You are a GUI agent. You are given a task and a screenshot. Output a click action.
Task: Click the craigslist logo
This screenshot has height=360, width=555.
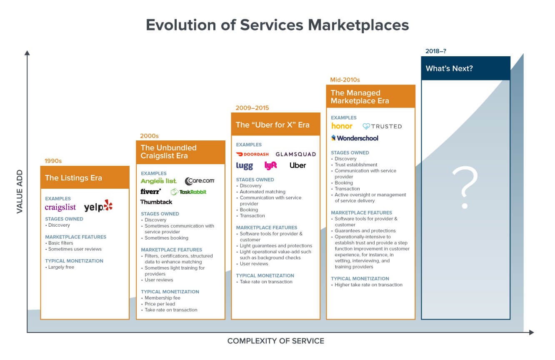pos(60,207)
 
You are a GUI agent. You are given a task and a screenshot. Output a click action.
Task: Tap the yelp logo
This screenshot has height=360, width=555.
pos(98,206)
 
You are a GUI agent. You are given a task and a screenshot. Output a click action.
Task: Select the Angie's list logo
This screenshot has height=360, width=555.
pos(159,181)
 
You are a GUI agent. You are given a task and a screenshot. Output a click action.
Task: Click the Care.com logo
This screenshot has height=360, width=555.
pos(200,181)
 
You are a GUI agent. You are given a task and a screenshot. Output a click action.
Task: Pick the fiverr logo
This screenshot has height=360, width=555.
pos(151,192)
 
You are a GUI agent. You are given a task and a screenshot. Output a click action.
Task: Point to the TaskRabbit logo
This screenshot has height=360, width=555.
pos(188,192)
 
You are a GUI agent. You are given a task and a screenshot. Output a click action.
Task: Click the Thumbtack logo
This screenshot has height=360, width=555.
pos(156,202)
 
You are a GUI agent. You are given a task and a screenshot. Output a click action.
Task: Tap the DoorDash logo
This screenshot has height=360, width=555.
pos(252,154)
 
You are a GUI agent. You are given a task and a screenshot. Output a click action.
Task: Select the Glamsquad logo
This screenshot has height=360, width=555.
pos(296,154)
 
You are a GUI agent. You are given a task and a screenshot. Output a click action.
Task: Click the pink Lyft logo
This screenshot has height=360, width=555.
pos(270,165)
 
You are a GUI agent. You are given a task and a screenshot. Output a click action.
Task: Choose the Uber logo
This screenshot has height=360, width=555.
pos(298,165)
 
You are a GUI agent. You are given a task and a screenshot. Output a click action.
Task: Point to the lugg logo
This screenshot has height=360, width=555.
pos(245,166)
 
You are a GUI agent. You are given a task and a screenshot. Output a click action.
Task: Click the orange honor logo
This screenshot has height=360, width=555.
pos(342,126)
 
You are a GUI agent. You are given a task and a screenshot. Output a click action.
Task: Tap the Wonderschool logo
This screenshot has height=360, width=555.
pos(355,138)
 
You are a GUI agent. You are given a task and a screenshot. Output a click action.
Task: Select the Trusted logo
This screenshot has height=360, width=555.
pos(382,126)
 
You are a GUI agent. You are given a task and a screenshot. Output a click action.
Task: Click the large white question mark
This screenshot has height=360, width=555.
pos(465,187)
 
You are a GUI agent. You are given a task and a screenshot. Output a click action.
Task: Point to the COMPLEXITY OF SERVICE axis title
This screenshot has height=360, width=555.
pos(275,341)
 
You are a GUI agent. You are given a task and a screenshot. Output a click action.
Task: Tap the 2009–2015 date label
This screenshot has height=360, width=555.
pos(252,108)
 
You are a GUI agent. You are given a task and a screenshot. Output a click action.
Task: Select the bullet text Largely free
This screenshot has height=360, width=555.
pos(61,267)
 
